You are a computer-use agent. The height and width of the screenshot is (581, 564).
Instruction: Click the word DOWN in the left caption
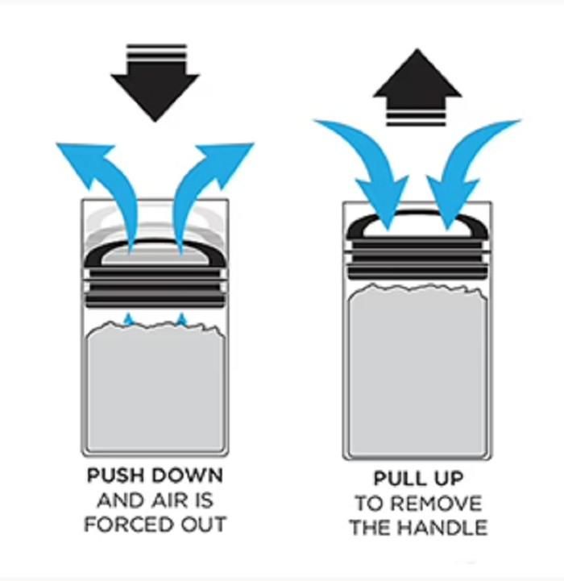[x=189, y=475]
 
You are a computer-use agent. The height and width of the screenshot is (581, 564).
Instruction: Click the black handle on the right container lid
[x=417, y=229]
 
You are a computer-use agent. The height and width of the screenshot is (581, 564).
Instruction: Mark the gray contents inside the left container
[x=155, y=387]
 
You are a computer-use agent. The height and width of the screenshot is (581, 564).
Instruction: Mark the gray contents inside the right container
[x=417, y=371]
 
